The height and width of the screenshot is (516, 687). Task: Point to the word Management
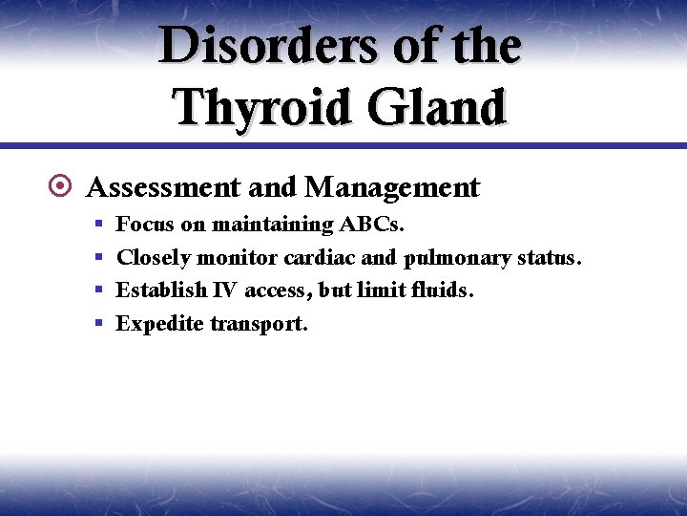[x=392, y=186]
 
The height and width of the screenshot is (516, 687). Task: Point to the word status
[x=549, y=257]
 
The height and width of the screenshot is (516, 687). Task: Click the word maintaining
[x=272, y=225]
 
